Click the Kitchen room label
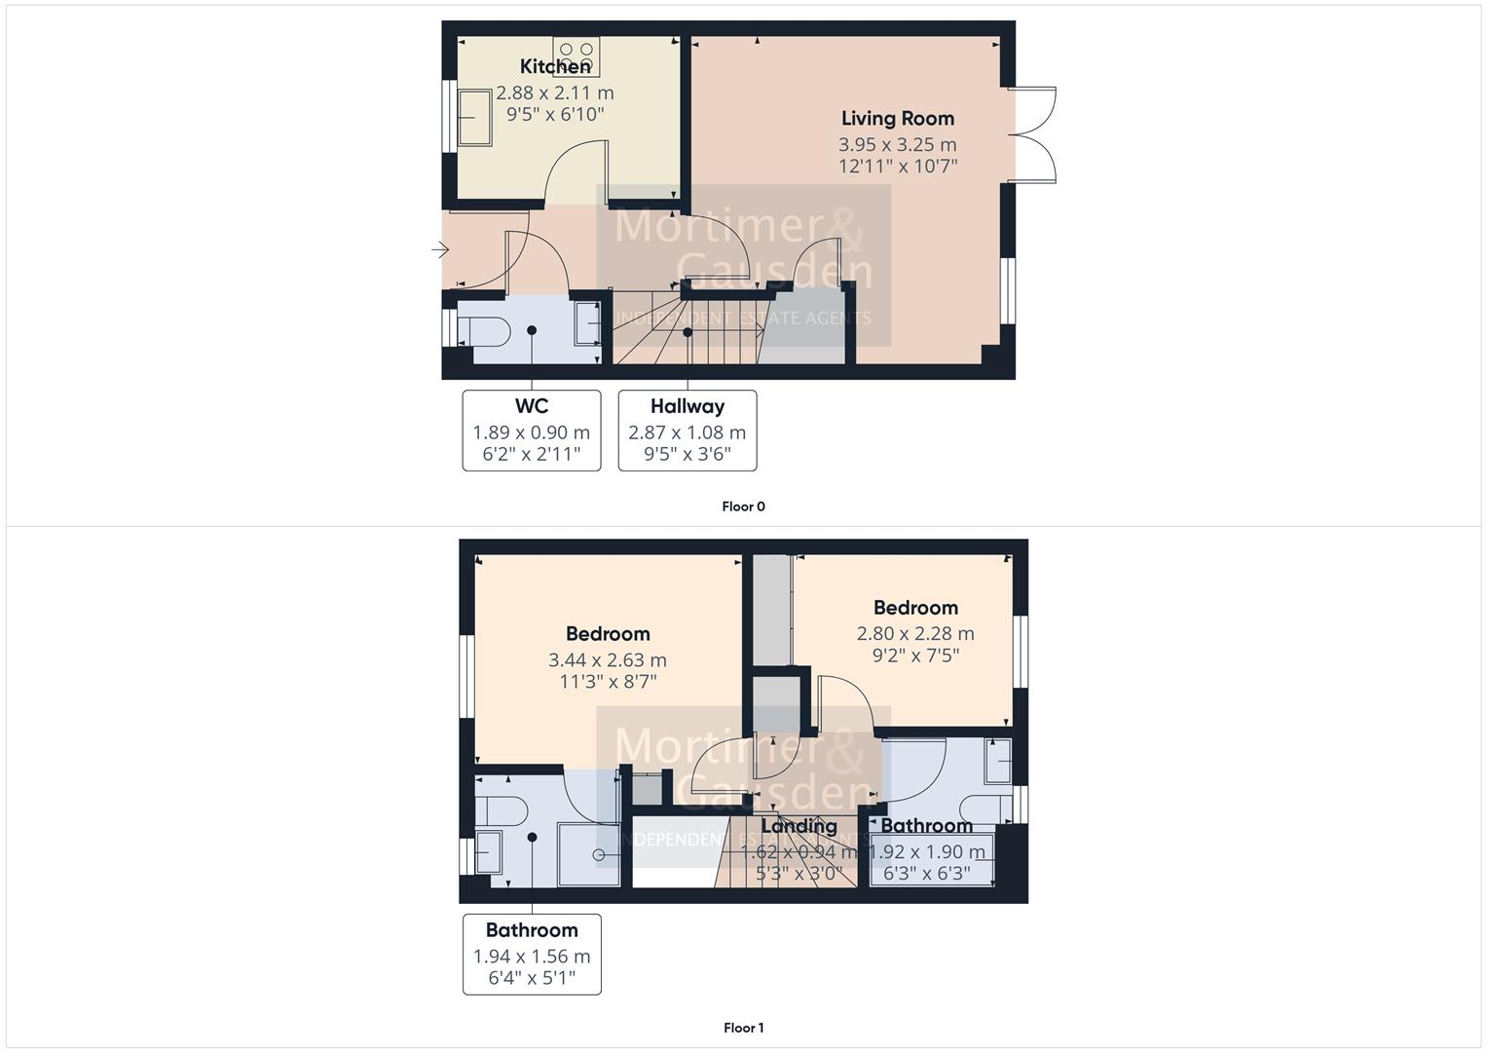click(x=555, y=66)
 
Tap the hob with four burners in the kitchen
click(x=576, y=56)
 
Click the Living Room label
click(x=897, y=118)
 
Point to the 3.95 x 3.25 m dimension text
click(x=897, y=144)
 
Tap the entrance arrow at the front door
click(x=440, y=251)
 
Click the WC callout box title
click(x=531, y=406)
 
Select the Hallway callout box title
click(x=687, y=406)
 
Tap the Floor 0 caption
click(x=743, y=507)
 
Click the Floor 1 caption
click(x=743, y=1028)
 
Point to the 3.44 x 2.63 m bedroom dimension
click(x=608, y=659)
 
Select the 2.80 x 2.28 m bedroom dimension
click(x=914, y=633)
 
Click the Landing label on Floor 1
click(x=799, y=826)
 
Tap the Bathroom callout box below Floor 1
click(x=532, y=954)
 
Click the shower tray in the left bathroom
click(x=588, y=855)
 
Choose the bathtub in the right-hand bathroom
click(x=932, y=860)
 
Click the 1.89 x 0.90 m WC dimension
click(x=531, y=432)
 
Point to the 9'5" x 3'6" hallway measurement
click(x=687, y=454)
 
